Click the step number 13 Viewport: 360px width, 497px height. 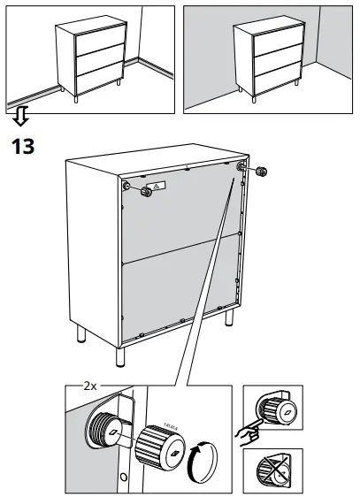tap(22, 145)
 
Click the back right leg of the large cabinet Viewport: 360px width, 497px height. tap(229, 321)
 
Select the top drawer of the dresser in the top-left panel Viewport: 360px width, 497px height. tap(94, 42)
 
